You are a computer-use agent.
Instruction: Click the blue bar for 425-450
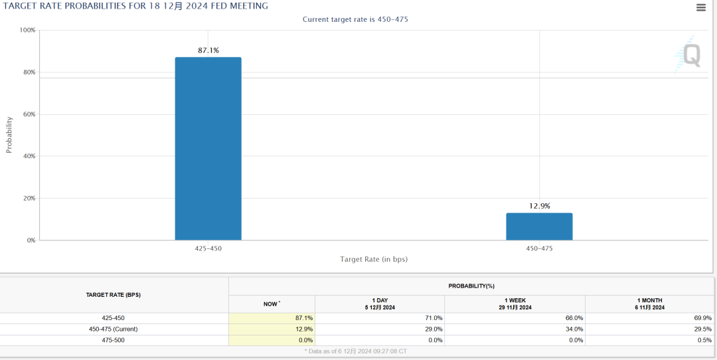point(208,149)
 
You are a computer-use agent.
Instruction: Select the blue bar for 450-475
point(539,226)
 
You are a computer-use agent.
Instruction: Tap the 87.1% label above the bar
point(208,50)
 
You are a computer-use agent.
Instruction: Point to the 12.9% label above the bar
point(539,206)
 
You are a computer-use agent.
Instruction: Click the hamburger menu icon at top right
point(701,8)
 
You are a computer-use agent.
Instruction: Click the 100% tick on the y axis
point(28,31)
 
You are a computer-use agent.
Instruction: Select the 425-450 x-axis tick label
point(208,248)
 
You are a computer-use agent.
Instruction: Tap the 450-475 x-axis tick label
point(539,248)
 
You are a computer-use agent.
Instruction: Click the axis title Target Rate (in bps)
point(374,259)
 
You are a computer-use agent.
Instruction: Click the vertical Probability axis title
point(9,135)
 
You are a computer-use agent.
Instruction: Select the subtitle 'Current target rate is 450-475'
point(355,19)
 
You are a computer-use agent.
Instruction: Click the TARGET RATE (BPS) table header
point(114,295)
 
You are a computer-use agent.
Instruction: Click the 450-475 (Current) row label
point(114,329)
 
